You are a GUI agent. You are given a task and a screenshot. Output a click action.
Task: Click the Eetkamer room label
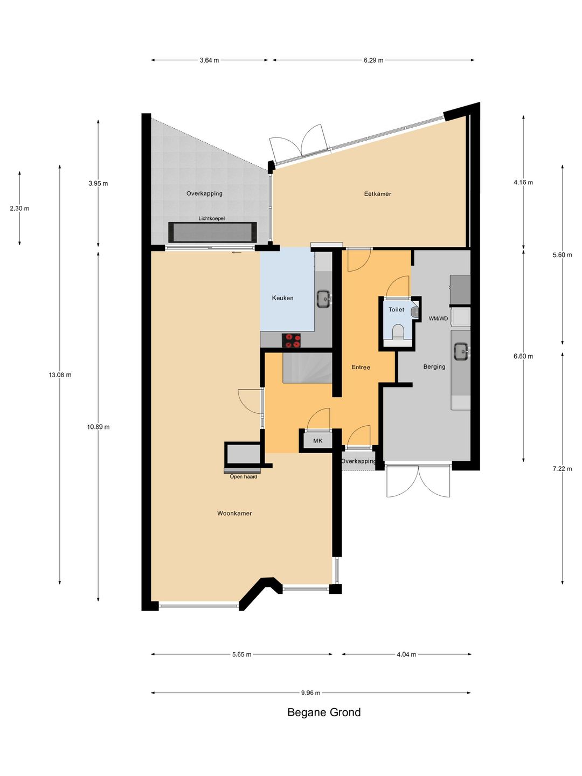[377, 194]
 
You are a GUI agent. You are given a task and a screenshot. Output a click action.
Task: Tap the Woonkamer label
[234, 514]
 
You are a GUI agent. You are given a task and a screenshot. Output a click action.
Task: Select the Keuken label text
[282, 298]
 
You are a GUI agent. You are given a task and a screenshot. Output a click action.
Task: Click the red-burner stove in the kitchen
[291, 341]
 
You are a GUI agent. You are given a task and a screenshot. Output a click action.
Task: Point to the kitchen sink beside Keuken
[323, 299]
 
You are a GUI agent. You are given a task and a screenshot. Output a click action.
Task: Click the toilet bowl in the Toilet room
[398, 331]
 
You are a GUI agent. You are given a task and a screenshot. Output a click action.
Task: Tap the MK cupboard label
[318, 441]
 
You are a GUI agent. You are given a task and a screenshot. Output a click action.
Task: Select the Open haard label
[243, 477]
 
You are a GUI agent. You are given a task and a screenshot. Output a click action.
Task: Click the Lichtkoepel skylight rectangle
[212, 232]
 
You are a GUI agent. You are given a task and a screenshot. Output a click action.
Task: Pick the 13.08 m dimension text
[60, 375]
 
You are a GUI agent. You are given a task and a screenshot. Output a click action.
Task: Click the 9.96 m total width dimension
[310, 693]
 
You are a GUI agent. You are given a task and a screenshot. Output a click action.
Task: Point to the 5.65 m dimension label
[241, 655]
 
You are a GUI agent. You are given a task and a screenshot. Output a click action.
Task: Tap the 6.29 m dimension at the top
[373, 60]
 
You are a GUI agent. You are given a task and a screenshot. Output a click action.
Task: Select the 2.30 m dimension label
[19, 209]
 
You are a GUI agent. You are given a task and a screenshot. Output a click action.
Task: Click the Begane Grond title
[324, 712]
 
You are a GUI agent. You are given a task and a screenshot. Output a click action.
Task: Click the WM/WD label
[438, 318]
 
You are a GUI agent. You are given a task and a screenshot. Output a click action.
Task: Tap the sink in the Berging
[461, 351]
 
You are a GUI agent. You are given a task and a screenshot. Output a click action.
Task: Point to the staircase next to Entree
[307, 368]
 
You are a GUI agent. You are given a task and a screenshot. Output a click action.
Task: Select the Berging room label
[434, 367]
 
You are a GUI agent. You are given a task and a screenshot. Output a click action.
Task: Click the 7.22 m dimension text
[562, 469]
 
